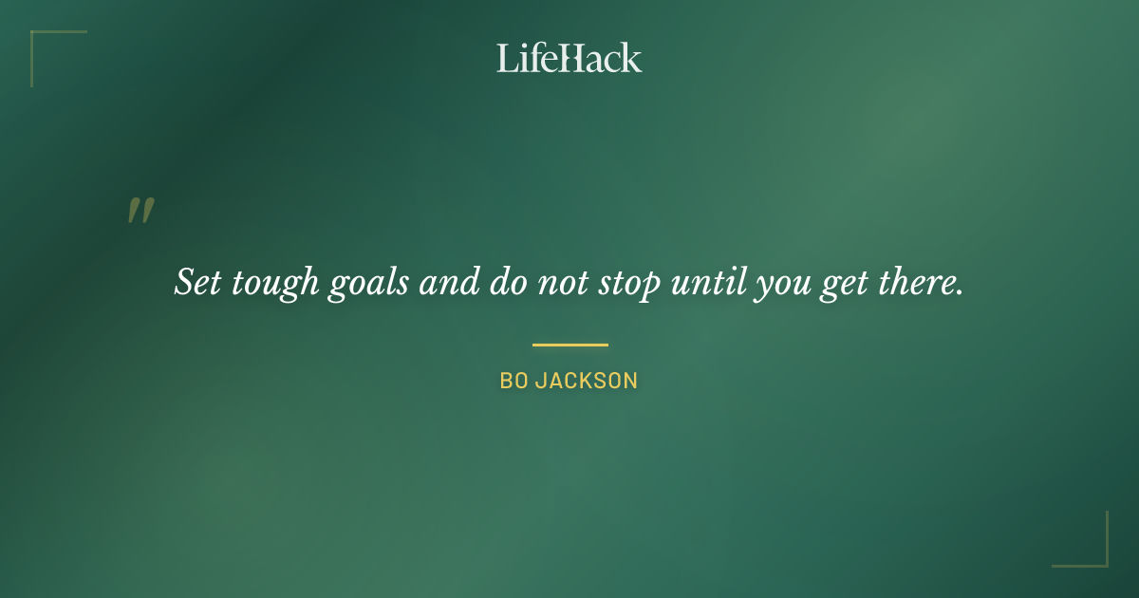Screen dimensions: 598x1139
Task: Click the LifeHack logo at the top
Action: pyautogui.click(x=569, y=58)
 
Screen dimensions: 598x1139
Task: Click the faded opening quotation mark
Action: pyautogui.click(x=140, y=212)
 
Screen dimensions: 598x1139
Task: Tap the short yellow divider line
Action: pyautogui.click(x=569, y=345)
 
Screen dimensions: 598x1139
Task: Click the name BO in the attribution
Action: pyautogui.click(x=513, y=382)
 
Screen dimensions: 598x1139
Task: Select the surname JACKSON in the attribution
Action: pyautogui.click(x=587, y=382)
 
